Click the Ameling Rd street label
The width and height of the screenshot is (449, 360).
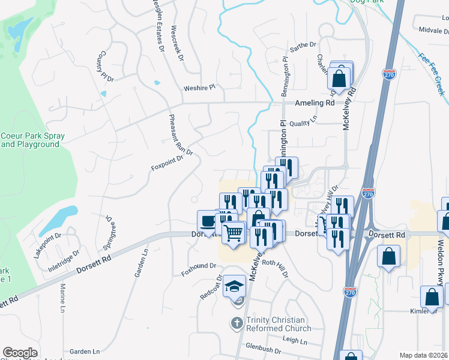click(314, 103)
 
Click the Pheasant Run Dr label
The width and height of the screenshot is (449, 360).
click(181, 135)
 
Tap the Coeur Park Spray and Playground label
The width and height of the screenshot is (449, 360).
click(32, 140)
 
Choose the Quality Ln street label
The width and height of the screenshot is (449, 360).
click(303, 122)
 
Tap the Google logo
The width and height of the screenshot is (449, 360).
click(20, 353)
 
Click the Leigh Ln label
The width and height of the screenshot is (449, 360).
click(295, 341)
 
